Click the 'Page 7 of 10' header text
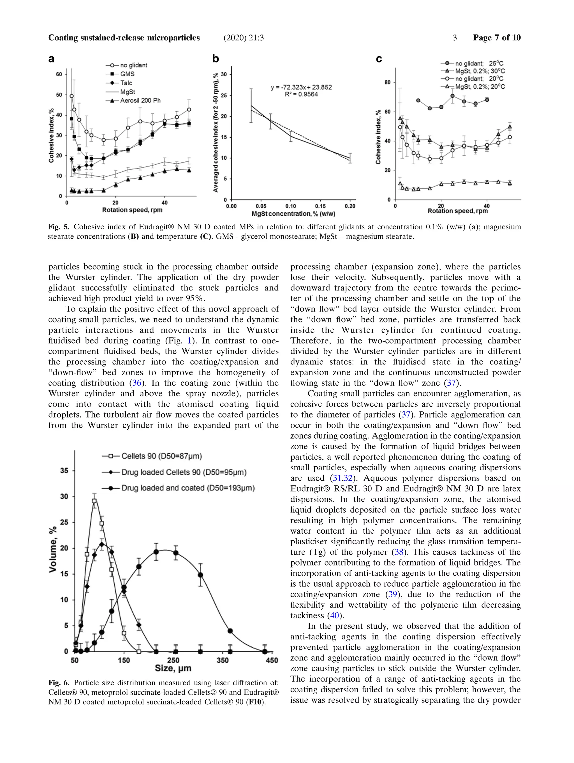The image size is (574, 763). click(x=496, y=38)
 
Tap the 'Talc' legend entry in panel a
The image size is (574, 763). click(x=126, y=83)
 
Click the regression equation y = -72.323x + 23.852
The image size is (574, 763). click(x=301, y=87)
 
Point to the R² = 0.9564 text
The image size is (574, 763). click(x=301, y=94)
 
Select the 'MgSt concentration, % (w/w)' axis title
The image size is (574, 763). click(x=293, y=214)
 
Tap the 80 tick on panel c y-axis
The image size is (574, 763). click(x=388, y=82)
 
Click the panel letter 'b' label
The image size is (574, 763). click(x=216, y=59)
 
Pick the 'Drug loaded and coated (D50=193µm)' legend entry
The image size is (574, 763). click(x=188, y=488)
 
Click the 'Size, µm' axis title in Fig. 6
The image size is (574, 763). click(x=173, y=668)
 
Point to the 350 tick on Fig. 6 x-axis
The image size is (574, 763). click(x=222, y=660)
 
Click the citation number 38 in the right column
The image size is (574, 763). click(x=399, y=552)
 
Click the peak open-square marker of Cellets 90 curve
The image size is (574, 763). click(x=94, y=501)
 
